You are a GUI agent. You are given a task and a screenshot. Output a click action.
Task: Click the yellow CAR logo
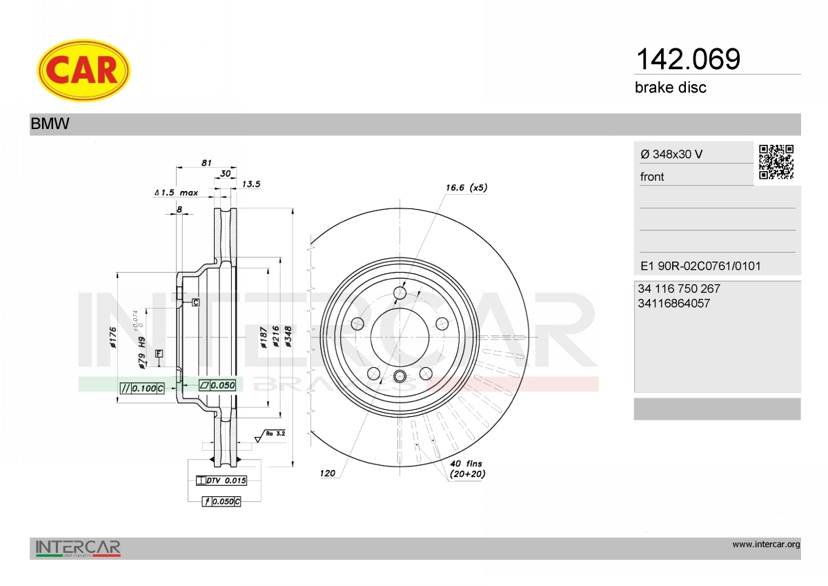coord(83,70)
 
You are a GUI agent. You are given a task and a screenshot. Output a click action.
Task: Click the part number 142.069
coord(688,59)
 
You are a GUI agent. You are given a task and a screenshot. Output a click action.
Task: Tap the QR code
coord(776,162)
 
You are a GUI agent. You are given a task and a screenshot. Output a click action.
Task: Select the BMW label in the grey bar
coord(50,124)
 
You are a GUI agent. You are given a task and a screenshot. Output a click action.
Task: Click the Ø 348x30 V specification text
coord(671,154)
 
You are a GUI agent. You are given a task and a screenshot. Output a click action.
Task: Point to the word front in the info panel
coord(652,177)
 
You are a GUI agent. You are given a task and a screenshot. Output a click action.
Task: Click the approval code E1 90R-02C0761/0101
coord(700,266)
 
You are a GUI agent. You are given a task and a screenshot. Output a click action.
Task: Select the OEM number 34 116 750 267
coord(679,289)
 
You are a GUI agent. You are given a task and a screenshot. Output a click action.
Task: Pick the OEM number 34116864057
coord(674,303)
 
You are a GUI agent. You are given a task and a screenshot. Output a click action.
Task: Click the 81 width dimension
coord(206,162)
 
